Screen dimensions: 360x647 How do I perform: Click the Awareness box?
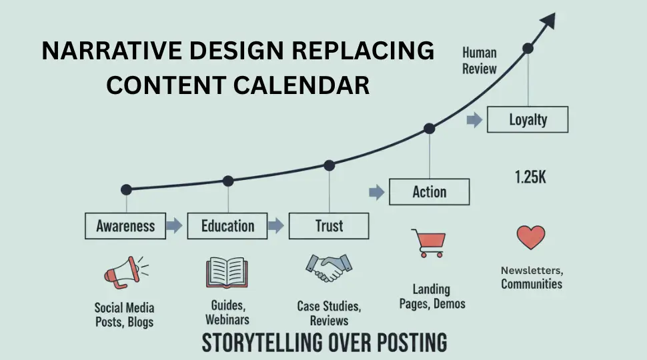coord(125,226)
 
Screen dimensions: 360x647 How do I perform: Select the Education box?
coord(227,226)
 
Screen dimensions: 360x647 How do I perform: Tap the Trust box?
coord(329,226)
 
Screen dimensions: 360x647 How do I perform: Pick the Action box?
coord(429,192)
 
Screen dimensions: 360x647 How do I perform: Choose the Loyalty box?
coord(528,120)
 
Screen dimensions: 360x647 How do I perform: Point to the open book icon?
coord(227,272)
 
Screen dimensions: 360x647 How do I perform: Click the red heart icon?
coord(531,237)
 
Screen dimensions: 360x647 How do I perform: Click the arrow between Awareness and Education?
coord(174,226)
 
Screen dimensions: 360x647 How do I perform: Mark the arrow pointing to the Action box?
coord(377,193)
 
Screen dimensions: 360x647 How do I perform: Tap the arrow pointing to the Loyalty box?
coord(474,121)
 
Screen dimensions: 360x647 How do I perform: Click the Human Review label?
coord(479,60)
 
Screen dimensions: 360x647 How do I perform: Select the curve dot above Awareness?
coord(126,189)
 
